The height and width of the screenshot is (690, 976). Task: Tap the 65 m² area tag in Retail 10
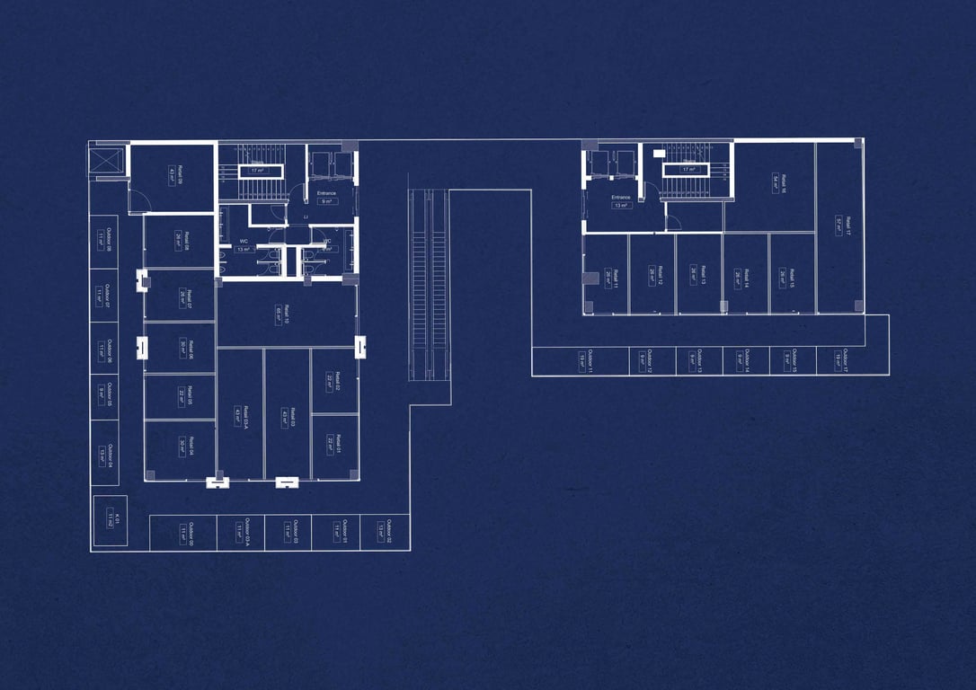(279, 314)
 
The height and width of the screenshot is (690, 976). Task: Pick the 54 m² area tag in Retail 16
(776, 178)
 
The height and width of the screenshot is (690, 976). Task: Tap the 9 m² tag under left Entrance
(326, 202)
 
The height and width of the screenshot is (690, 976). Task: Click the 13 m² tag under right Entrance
(621, 206)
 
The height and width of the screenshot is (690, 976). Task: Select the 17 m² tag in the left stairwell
(257, 171)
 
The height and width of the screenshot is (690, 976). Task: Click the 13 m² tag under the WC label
(243, 250)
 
